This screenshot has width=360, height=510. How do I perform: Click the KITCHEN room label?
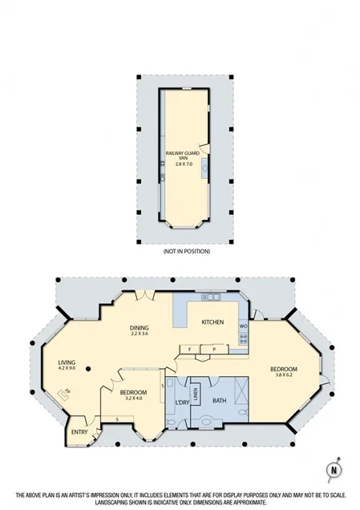212,322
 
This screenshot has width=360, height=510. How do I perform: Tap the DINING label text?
141,327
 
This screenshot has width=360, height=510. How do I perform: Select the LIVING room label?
67,362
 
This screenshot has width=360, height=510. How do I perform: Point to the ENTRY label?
79,432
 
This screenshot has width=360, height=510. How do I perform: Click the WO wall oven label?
243,326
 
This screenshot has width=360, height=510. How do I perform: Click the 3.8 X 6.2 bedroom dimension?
285,374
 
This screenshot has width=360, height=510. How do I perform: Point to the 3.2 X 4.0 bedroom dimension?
132,399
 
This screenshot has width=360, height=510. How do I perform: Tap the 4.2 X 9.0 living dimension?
67,369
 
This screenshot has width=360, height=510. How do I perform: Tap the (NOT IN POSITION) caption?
185,251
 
